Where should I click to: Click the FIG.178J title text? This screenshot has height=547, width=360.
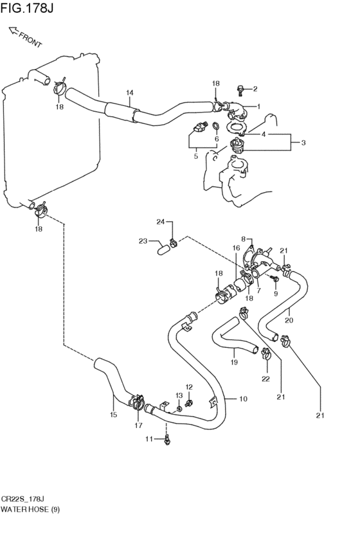[27, 8]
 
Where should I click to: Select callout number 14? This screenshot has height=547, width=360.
[130, 93]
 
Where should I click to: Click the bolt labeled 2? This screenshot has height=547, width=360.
[240, 89]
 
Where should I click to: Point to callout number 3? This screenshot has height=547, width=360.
[303, 142]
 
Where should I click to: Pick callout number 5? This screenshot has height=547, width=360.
[195, 156]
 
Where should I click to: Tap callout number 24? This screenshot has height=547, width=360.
[161, 222]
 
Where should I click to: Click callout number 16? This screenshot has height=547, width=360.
[236, 248]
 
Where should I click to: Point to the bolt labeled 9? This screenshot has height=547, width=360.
[275, 278]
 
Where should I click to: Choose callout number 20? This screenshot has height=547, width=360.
[289, 320]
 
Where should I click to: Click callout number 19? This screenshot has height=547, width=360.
[234, 362]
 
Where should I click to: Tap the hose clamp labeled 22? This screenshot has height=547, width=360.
[267, 354]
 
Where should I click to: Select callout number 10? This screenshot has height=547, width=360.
[243, 399]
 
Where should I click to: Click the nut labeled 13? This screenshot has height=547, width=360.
[179, 409]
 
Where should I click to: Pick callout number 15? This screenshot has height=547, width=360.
[113, 415]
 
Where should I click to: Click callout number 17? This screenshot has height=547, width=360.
[138, 426]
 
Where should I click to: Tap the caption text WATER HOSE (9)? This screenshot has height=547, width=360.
[30, 510]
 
